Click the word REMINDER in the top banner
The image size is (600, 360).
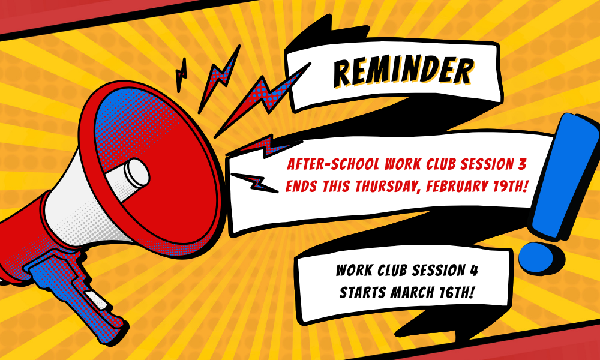click(x=403, y=72)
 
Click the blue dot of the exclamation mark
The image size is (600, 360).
click(x=536, y=254)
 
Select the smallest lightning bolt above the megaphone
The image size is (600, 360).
click(x=180, y=75)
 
